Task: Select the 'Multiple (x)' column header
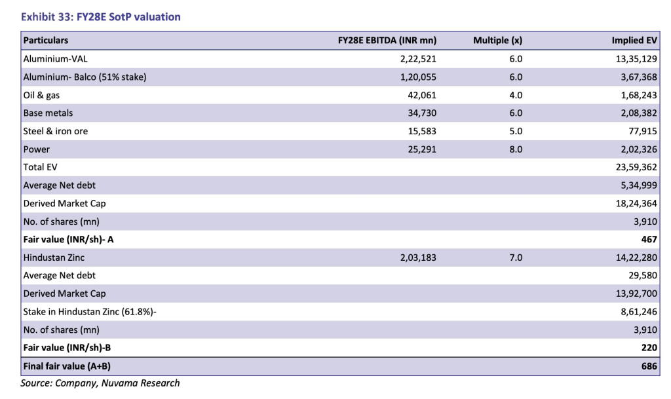497,41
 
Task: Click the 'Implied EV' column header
634,41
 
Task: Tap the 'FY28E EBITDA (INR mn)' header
387,41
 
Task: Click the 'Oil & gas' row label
41,95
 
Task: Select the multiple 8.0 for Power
515,149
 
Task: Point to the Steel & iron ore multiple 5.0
515,131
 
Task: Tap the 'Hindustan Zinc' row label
54,257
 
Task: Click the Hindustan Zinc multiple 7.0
515,257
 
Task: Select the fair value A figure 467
649,240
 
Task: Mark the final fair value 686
649,366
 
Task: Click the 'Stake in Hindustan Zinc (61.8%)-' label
90,312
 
